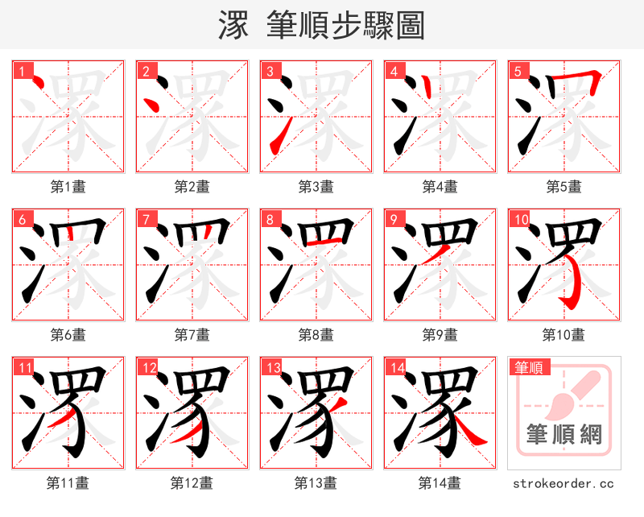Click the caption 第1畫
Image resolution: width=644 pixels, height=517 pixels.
point(68,187)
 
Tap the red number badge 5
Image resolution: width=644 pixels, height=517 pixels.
point(517,71)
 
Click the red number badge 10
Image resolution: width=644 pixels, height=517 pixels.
point(520,219)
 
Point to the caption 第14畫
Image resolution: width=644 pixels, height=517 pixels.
point(440,483)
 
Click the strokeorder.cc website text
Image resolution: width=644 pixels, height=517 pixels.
point(563,483)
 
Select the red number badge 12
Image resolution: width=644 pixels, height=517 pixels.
point(149,368)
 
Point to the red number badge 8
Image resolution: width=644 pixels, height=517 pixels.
point(270,219)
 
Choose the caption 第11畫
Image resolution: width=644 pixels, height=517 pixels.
point(68,483)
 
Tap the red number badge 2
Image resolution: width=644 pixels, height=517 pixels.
point(146,71)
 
